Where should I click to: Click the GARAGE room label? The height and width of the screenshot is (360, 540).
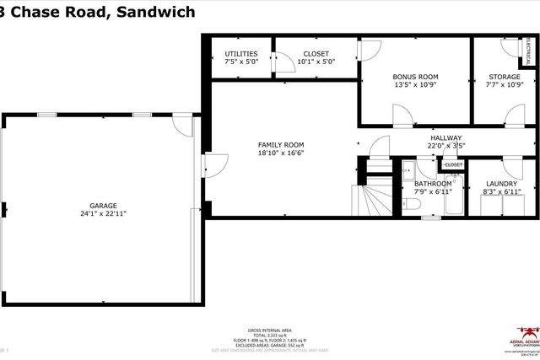coord(104,205)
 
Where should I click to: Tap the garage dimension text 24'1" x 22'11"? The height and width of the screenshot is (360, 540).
coord(104,214)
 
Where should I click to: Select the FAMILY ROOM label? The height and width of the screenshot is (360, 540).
coord(281,144)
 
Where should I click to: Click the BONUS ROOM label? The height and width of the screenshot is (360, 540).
coord(415,77)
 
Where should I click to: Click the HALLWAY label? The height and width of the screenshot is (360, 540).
coord(446,137)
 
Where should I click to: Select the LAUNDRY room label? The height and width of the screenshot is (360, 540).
coord(502,184)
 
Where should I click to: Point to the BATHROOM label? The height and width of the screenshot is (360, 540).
coord(433,184)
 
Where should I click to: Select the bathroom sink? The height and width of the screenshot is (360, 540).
coord(406,169)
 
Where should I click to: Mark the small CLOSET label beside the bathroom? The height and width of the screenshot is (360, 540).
coord(453,165)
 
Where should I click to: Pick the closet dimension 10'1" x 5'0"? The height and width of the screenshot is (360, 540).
coord(316,62)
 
